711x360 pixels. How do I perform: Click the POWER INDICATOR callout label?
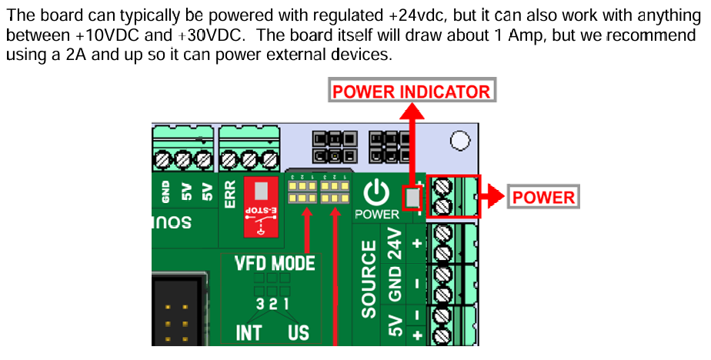(x=410, y=92)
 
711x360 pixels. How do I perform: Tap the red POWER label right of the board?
(x=543, y=197)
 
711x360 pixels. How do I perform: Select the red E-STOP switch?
(x=259, y=205)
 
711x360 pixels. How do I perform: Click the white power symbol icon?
(x=377, y=192)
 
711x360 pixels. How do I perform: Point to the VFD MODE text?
(x=275, y=263)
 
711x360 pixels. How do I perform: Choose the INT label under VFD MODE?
(x=249, y=332)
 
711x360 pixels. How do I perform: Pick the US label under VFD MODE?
(x=299, y=332)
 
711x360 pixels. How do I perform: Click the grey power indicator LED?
(x=413, y=198)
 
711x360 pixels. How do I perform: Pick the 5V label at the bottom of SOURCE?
(x=396, y=325)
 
